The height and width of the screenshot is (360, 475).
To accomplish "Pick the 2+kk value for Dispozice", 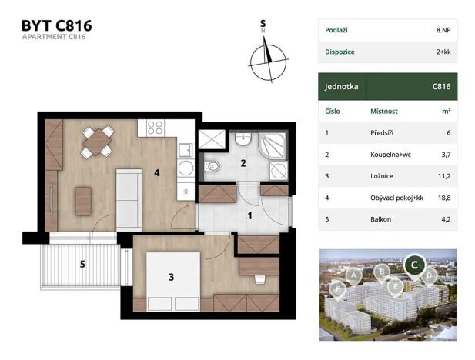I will (443, 52).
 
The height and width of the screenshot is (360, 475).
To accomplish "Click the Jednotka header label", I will (343, 87).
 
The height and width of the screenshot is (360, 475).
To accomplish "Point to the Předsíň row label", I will (383, 132).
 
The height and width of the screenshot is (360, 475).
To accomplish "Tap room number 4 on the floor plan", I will (157, 173).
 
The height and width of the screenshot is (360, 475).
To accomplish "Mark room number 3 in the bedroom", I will (171, 276).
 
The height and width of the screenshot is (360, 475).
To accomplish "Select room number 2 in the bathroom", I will (243, 162).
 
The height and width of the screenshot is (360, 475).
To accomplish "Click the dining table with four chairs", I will (98, 142).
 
